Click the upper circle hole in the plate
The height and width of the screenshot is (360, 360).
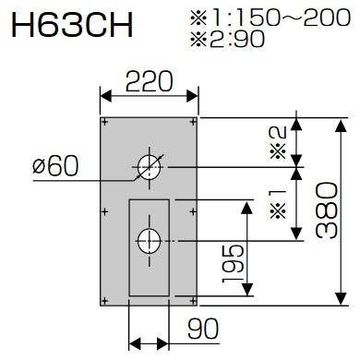(x=148, y=166)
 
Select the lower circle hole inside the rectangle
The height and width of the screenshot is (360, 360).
(x=148, y=242)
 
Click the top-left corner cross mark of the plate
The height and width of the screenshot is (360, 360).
(x=105, y=122)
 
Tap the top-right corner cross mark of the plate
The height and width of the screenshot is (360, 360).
(x=191, y=122)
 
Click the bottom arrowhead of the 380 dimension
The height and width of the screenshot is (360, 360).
(x=340, y=302)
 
